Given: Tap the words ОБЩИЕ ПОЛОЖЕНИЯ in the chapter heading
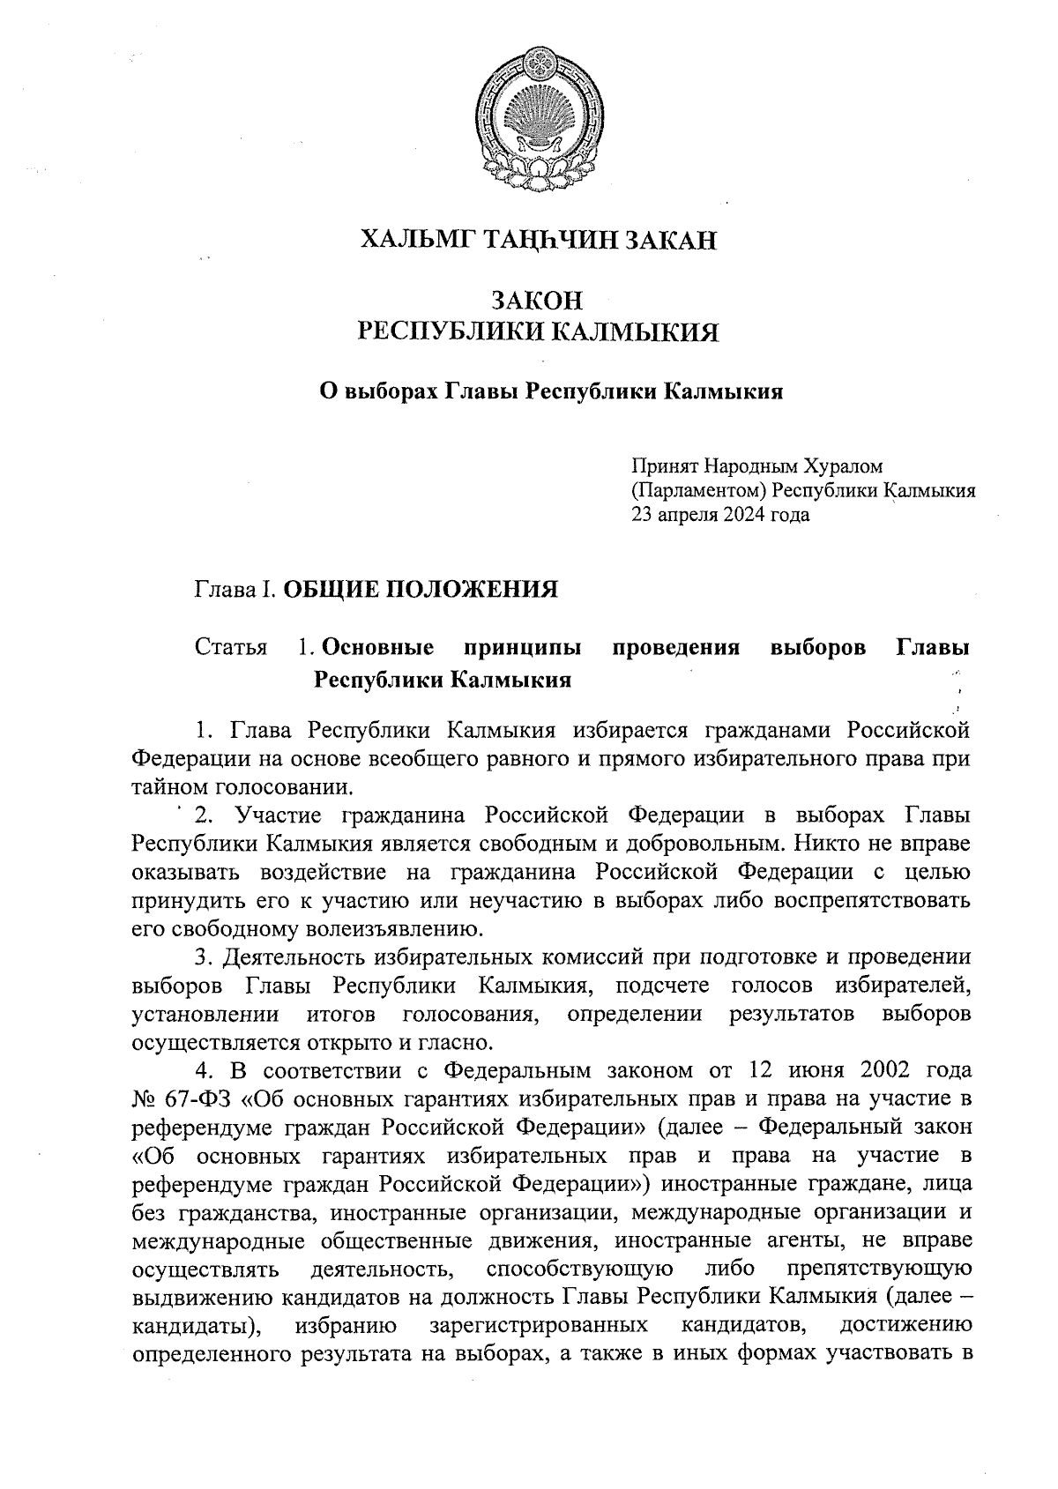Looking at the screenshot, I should coord(420,589).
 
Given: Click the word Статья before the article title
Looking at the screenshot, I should coord(230,648).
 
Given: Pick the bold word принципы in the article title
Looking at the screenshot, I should coord(522,648).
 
